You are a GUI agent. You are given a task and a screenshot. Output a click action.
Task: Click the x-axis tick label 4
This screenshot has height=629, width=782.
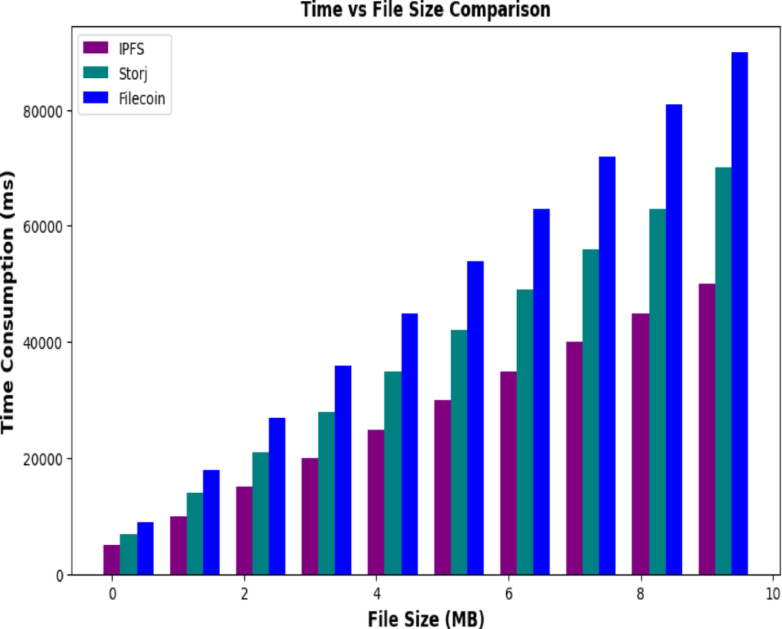coord(376,595)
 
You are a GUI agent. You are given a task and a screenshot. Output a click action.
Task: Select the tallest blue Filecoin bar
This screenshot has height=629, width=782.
coord(739,313)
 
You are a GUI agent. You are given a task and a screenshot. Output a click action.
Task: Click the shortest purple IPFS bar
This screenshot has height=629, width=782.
coord(111,560)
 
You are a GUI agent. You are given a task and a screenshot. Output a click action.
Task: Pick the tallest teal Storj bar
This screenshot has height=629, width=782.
coord(723,371)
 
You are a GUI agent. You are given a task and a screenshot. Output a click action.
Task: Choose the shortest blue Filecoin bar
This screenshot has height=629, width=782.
coord(145,548)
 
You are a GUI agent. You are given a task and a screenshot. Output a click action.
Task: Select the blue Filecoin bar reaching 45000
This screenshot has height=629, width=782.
coord(409,444)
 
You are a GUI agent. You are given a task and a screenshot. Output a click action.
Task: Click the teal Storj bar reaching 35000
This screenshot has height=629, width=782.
coord(392,473)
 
